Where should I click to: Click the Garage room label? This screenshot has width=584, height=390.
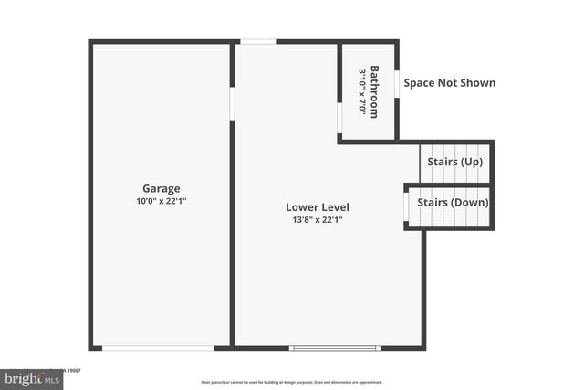click(x=161, y=188)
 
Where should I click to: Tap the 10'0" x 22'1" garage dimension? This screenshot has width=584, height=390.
click(x=161, y=201)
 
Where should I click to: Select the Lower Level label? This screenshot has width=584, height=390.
click(x=317, y=206)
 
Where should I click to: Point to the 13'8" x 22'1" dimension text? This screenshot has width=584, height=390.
click(x=317, y=219)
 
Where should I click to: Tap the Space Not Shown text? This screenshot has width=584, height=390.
click(x=450, y=83)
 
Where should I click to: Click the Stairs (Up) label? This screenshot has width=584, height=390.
click(x=455, y=162)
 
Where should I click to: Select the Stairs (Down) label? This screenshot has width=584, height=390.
click(x=453, y=202)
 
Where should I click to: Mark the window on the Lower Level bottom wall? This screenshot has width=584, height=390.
click(x=334, y=347)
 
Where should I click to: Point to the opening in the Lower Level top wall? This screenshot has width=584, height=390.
click(x=258, y=41)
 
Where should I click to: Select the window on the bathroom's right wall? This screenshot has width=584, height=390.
click(x=396, y=83)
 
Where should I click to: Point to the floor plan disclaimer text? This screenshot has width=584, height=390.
click(x=292, y=381)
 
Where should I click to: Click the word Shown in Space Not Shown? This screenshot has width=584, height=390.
click(x=476, y=83)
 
